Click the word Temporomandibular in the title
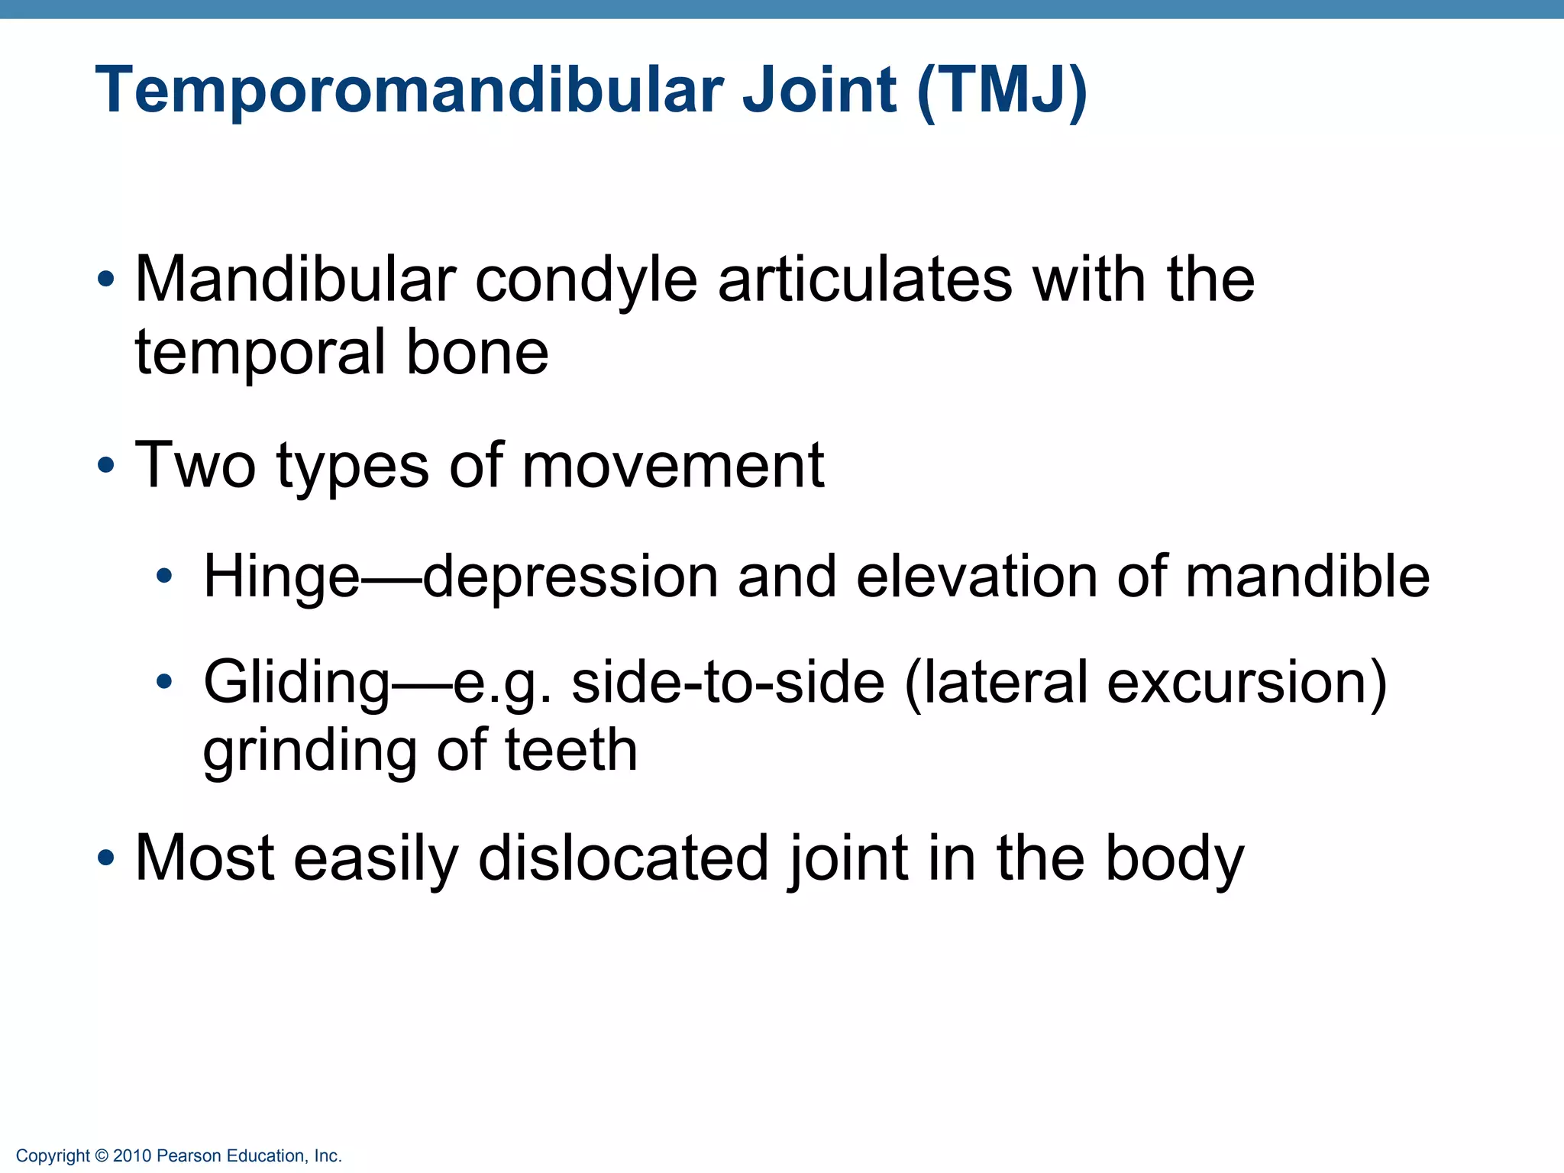[x=409, y=90]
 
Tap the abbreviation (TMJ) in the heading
[x=1002, y=92]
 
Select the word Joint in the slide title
[x=819, y=90]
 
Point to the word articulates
[x=864, y=280]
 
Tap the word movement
[x=673, y=466]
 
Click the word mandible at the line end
[x=1307, y=577]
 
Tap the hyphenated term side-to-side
[x=728, y=682]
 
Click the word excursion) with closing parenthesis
[x=1246, y=682]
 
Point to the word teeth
[x=571, y=750]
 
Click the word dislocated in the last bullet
[x=623, y=858]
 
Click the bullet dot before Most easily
[x=106, y=858]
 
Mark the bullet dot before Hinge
[x=164, y=577]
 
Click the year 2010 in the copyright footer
[x=132, y=1156]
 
